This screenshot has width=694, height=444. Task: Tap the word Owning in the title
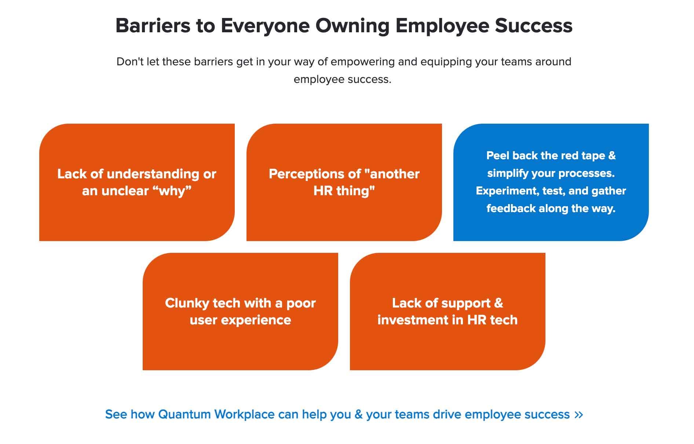pyautogui.click(x=352, y=26)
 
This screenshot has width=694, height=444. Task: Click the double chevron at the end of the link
pyautogui.click(x=579, y=415)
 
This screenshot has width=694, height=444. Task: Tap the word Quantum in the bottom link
pyautogui.click(x=185, y=415)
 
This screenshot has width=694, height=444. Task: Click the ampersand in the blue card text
pyautogui.click(x=612, y=156)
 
